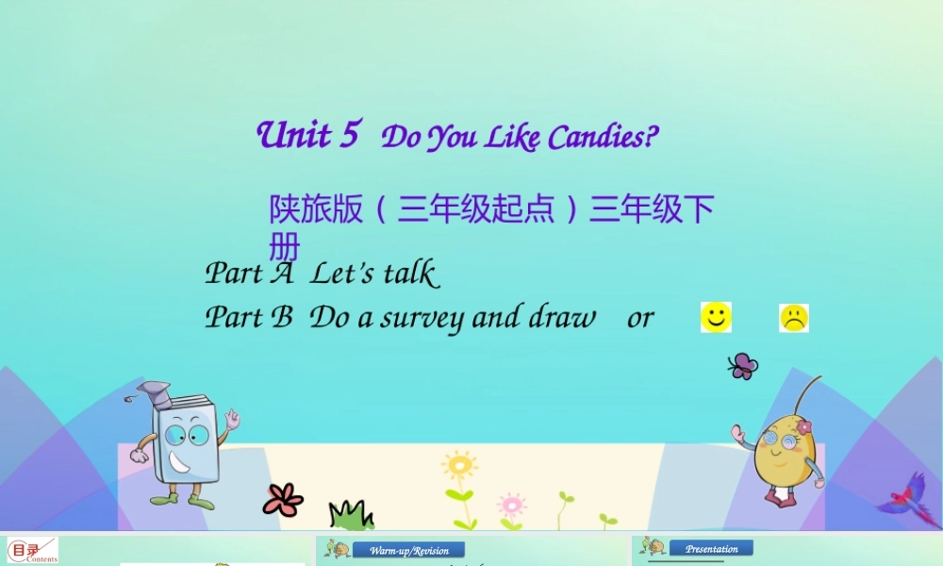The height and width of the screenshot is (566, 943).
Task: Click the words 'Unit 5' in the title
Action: (x=307, y=135)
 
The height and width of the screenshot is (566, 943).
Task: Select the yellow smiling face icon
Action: (x=716, y=318)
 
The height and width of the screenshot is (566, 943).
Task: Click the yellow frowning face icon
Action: (x=794, y=318)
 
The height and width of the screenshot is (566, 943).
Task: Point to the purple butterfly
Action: (x=743, y=365)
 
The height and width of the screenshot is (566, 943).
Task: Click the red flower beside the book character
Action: (x=282, y=499)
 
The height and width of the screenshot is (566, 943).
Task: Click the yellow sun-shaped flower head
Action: (x=459, y=465)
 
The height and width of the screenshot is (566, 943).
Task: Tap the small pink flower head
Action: (x=511, y=502)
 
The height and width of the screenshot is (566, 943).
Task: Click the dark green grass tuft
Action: (x=350, y=515)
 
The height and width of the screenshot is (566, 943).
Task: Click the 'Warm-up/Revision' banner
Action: (x=408, y=550)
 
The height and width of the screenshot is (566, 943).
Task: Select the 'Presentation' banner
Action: (x=711, y=548)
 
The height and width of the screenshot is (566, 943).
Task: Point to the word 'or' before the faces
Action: (x=639, y=318)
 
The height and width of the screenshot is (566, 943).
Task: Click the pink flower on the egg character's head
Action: (x=803, y=427)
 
